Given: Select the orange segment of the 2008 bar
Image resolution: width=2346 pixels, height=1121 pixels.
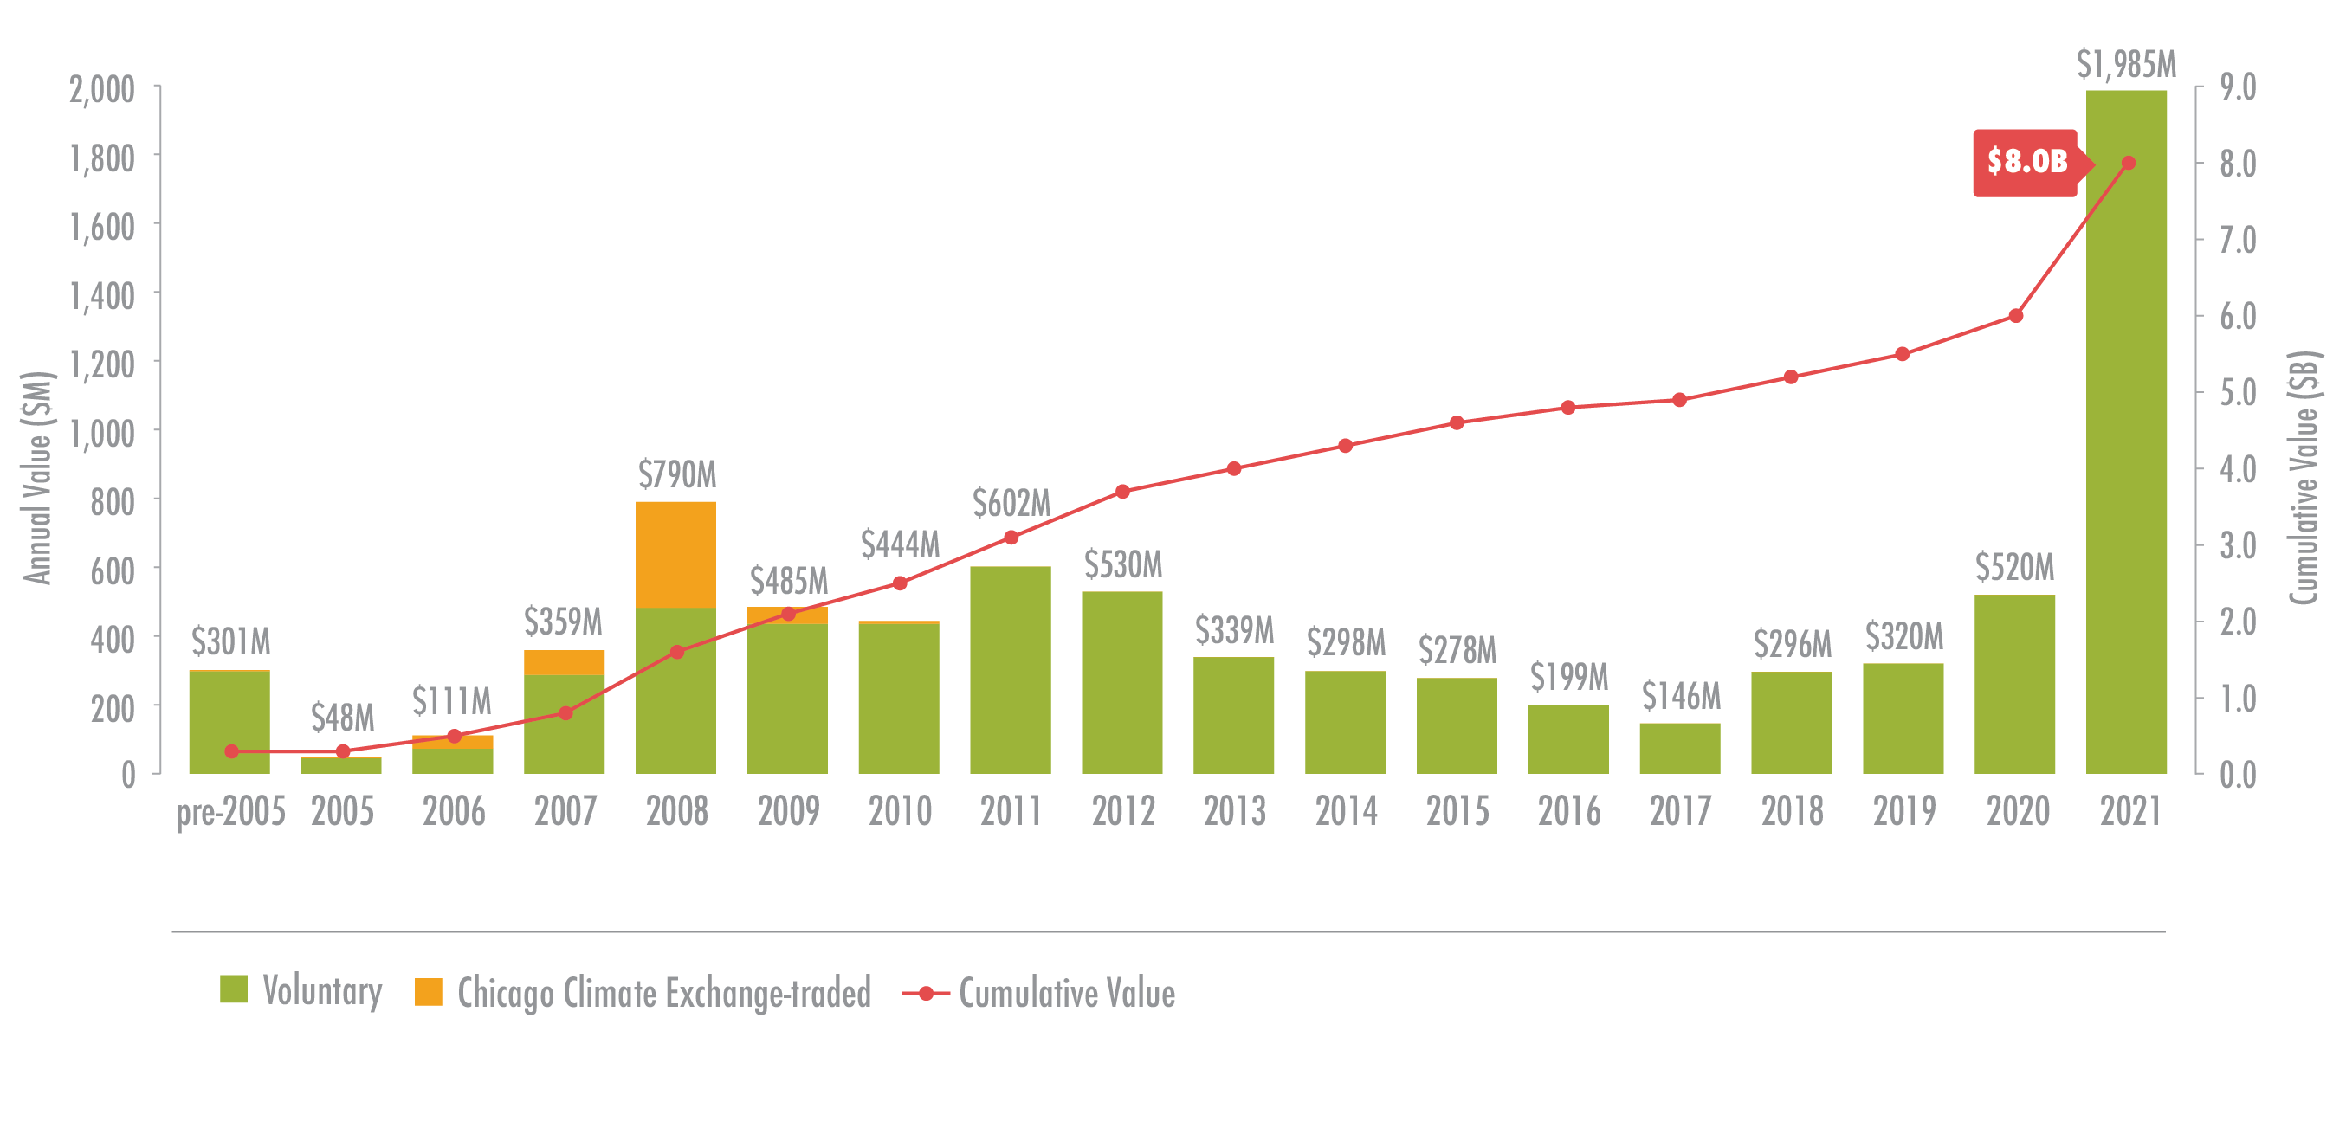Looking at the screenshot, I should click(675, 554).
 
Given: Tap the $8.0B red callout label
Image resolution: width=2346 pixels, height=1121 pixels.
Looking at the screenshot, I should click(2026, 163).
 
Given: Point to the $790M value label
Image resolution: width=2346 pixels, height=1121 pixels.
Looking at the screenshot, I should click(676, 474).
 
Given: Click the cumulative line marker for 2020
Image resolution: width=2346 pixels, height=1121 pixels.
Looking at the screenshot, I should click(2015, 316).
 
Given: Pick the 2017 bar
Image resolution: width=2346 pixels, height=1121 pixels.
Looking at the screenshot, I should click(1679, 749).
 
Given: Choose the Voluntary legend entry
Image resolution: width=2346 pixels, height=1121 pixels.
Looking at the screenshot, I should click(301, 991).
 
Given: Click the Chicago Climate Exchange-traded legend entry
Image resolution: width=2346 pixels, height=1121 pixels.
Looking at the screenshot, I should click(643, 993).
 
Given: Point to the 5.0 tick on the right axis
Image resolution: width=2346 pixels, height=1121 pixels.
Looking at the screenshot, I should click(2238, 393).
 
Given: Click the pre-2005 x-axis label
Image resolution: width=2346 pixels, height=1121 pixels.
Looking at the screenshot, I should click(230, 811).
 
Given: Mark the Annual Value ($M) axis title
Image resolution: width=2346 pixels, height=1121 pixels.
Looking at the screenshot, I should click(37, 477).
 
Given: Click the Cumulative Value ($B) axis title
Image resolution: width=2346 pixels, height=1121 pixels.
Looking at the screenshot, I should click(2304, 477).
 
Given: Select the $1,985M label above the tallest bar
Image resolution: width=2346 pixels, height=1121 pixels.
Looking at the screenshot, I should click(2126, 65).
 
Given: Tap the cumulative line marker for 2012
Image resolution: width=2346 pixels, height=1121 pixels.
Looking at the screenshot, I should click(1122, 492).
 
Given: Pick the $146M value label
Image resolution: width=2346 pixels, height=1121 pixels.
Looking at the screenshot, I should click(1680, 697).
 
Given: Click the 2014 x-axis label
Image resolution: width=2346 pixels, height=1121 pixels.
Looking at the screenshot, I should click(1345, 811).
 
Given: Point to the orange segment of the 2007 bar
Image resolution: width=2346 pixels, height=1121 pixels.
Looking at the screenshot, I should click(564, 662).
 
